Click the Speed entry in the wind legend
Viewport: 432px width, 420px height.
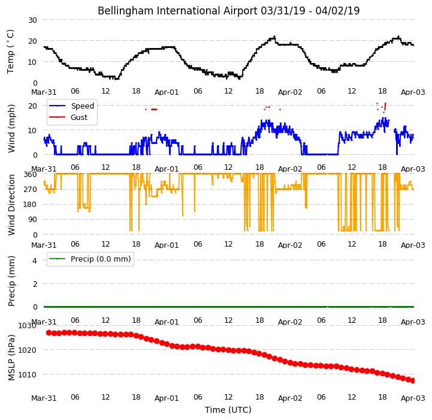(82, 106)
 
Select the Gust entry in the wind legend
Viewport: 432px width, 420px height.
(79, 117)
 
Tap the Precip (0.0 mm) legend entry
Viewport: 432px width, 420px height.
(101, 259)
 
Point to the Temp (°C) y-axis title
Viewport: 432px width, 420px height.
(10, 52)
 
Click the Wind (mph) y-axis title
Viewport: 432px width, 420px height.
(11, 128)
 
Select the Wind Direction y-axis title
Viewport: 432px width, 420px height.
(11, 205)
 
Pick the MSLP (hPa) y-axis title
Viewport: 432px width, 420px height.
(11, 358)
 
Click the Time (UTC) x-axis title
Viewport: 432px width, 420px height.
(228, 410)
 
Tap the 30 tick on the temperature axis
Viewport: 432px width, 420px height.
(32, 20)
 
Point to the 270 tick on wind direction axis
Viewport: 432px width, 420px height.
(31, 190)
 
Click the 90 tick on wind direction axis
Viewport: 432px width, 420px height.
(32, 220)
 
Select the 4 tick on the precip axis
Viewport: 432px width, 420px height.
(35, 260)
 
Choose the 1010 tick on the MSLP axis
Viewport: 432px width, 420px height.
(28, 375)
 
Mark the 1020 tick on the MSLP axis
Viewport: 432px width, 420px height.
(28, 350)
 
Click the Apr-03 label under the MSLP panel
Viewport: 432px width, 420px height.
(413, 398)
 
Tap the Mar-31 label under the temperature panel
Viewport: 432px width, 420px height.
(44, 92)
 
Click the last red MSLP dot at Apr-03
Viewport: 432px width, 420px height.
(413, 381)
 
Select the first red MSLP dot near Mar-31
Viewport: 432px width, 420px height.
(49, 333)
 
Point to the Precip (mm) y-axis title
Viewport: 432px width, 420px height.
(11, 281)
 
